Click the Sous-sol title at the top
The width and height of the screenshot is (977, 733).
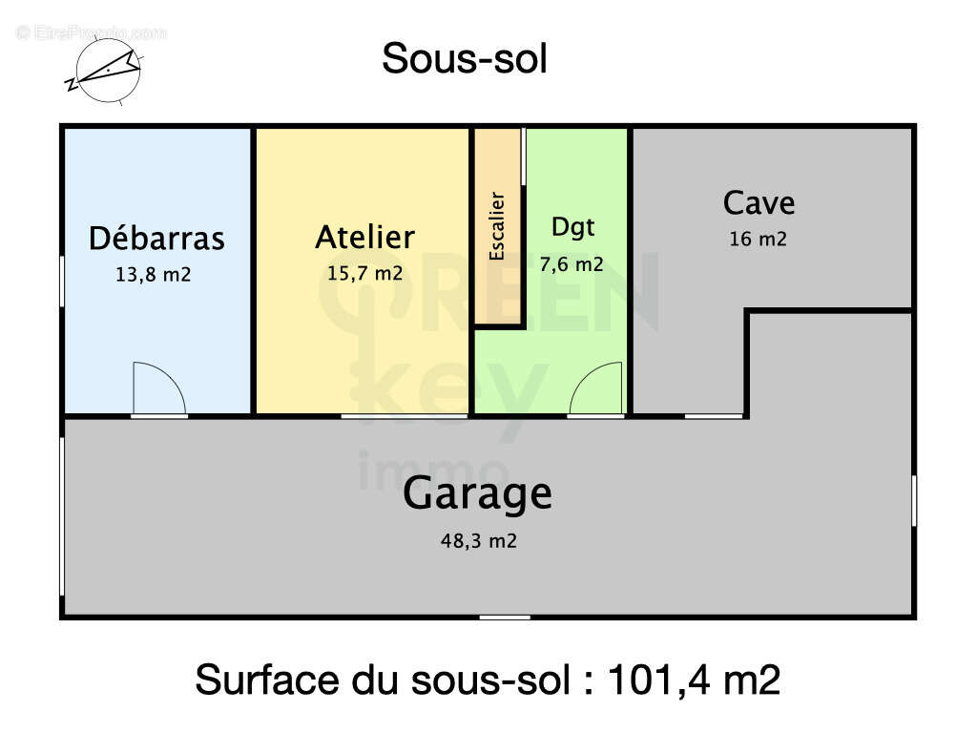click(x=465, y=59)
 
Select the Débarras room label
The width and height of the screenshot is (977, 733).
click(x=156, y=238)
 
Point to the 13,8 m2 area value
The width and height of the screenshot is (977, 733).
click(x=153, y=274)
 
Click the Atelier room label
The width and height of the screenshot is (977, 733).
click(x=364, y=237)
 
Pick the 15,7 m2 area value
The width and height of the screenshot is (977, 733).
click(x=364, y=273)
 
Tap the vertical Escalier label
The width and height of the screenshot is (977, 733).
click(x=497, y=226)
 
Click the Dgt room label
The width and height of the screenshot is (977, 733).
click(x=572, y=227)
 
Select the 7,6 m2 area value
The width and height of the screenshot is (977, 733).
click(x=572, y=264)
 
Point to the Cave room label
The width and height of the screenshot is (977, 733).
click(x=759, y=202)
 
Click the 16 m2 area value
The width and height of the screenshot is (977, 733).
click(x=758, y=240)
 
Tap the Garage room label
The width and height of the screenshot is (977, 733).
click(x=477, y=494)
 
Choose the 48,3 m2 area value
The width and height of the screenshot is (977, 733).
click(x=478, y=541)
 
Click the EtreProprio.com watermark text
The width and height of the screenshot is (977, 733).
click(x=92, y=32)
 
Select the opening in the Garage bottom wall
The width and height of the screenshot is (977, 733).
click(x=505, y=618)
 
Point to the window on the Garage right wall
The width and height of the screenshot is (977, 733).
click(x=914, y=501)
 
